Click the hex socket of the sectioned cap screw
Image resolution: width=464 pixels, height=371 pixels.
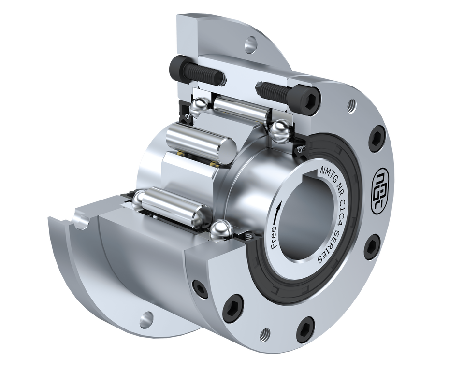[313, 99]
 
